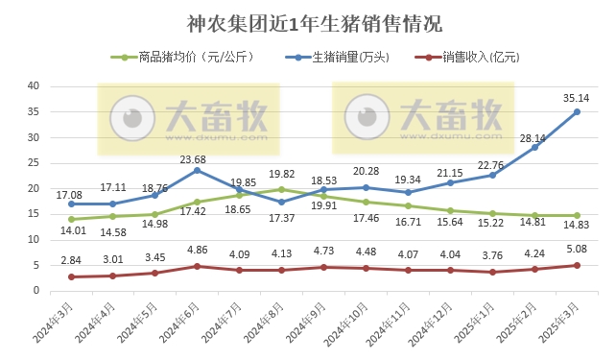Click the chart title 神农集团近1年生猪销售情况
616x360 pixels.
[x=308, y=22]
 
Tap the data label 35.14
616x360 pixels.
[x=576, y=97]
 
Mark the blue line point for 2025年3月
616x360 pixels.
[x=577, y=111]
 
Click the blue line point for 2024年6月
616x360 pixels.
[x=197, y=170]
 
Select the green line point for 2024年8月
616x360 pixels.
[x=281, y=189]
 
